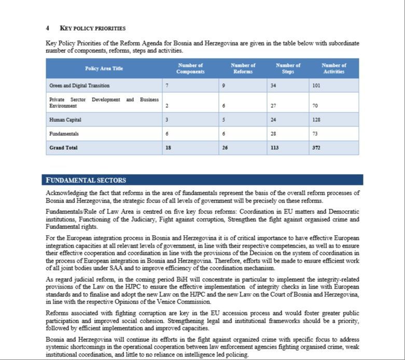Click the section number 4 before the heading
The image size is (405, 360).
[x=47, y=28]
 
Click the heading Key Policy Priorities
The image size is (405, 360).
[x=93, y=28]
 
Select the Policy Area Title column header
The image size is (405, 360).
[x=104, y=68]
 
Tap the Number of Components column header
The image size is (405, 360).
[x=190, y=68]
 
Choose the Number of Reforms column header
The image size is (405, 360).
[x=243, y=68]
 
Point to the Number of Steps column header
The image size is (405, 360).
[x=288, y=68]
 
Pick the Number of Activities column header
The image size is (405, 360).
[x=333, y=68]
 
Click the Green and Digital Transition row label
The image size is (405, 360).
[x=79, y=85]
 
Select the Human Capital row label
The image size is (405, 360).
[x=65, y=120]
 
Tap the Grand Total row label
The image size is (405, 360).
[x=63, y=148]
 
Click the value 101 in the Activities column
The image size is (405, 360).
[x=316, y=85]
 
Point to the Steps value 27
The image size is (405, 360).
[x=273, y=106]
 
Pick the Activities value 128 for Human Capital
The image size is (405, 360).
[x=317, y=120]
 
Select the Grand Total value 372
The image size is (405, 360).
[x=316, y=148]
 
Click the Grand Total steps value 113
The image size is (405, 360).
[x=274, y=148]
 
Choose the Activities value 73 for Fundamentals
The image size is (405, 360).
[x=315, y=134]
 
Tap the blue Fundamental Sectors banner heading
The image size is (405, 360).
[x=86, y=180]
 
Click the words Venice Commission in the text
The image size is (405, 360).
[x=185, y=301]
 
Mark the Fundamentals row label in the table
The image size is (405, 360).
[x=64, y=134]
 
